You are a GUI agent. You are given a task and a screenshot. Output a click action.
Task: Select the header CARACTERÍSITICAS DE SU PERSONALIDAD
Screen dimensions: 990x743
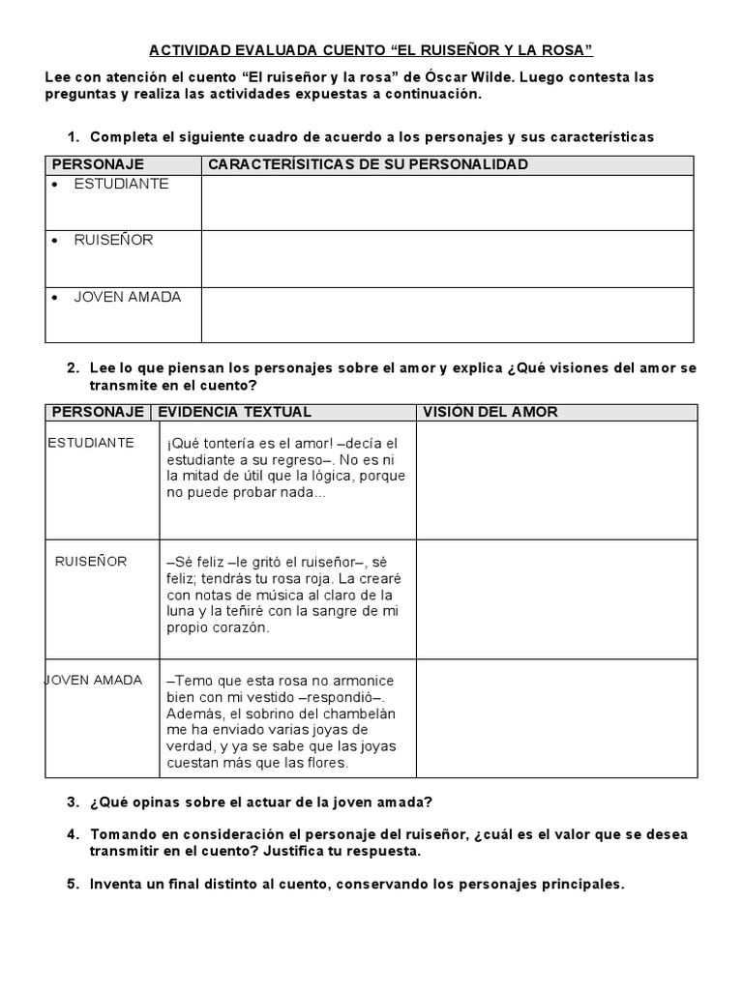(369, 164)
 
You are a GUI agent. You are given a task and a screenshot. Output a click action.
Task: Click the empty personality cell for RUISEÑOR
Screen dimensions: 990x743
(447, 258)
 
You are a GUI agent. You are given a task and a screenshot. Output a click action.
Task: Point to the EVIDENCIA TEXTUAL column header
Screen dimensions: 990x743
(235, 412)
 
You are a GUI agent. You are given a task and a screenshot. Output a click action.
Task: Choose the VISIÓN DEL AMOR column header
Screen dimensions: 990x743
(490, 412)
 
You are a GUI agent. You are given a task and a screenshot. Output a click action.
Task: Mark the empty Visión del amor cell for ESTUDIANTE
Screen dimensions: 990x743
(556, 480)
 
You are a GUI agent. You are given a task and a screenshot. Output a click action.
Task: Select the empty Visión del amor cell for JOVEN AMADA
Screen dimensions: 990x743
(556, 718)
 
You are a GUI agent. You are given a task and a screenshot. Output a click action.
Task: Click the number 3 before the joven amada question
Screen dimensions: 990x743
(73, 802)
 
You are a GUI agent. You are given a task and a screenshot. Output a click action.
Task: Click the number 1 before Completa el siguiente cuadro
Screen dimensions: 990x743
(73, 137)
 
